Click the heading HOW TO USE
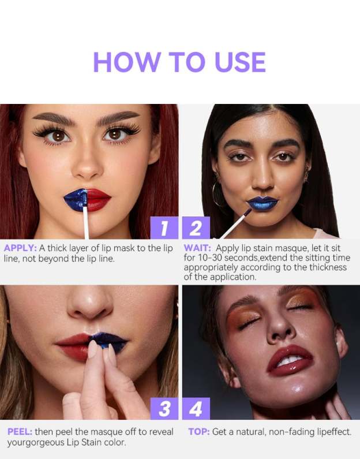click(x=179, y=62)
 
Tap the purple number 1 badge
click(x=164, y=229)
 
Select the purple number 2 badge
click(x=196, y=229)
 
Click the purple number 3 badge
click(x=164, y=409)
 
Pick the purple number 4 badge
click(x=196, y=409)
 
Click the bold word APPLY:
click(x=20, y=248)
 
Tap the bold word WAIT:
click(x=197, y=248)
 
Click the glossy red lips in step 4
click(x=289, y=359)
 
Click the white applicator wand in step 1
click(x=86, y=222)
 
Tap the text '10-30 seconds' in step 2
click(x=222, y=258)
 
